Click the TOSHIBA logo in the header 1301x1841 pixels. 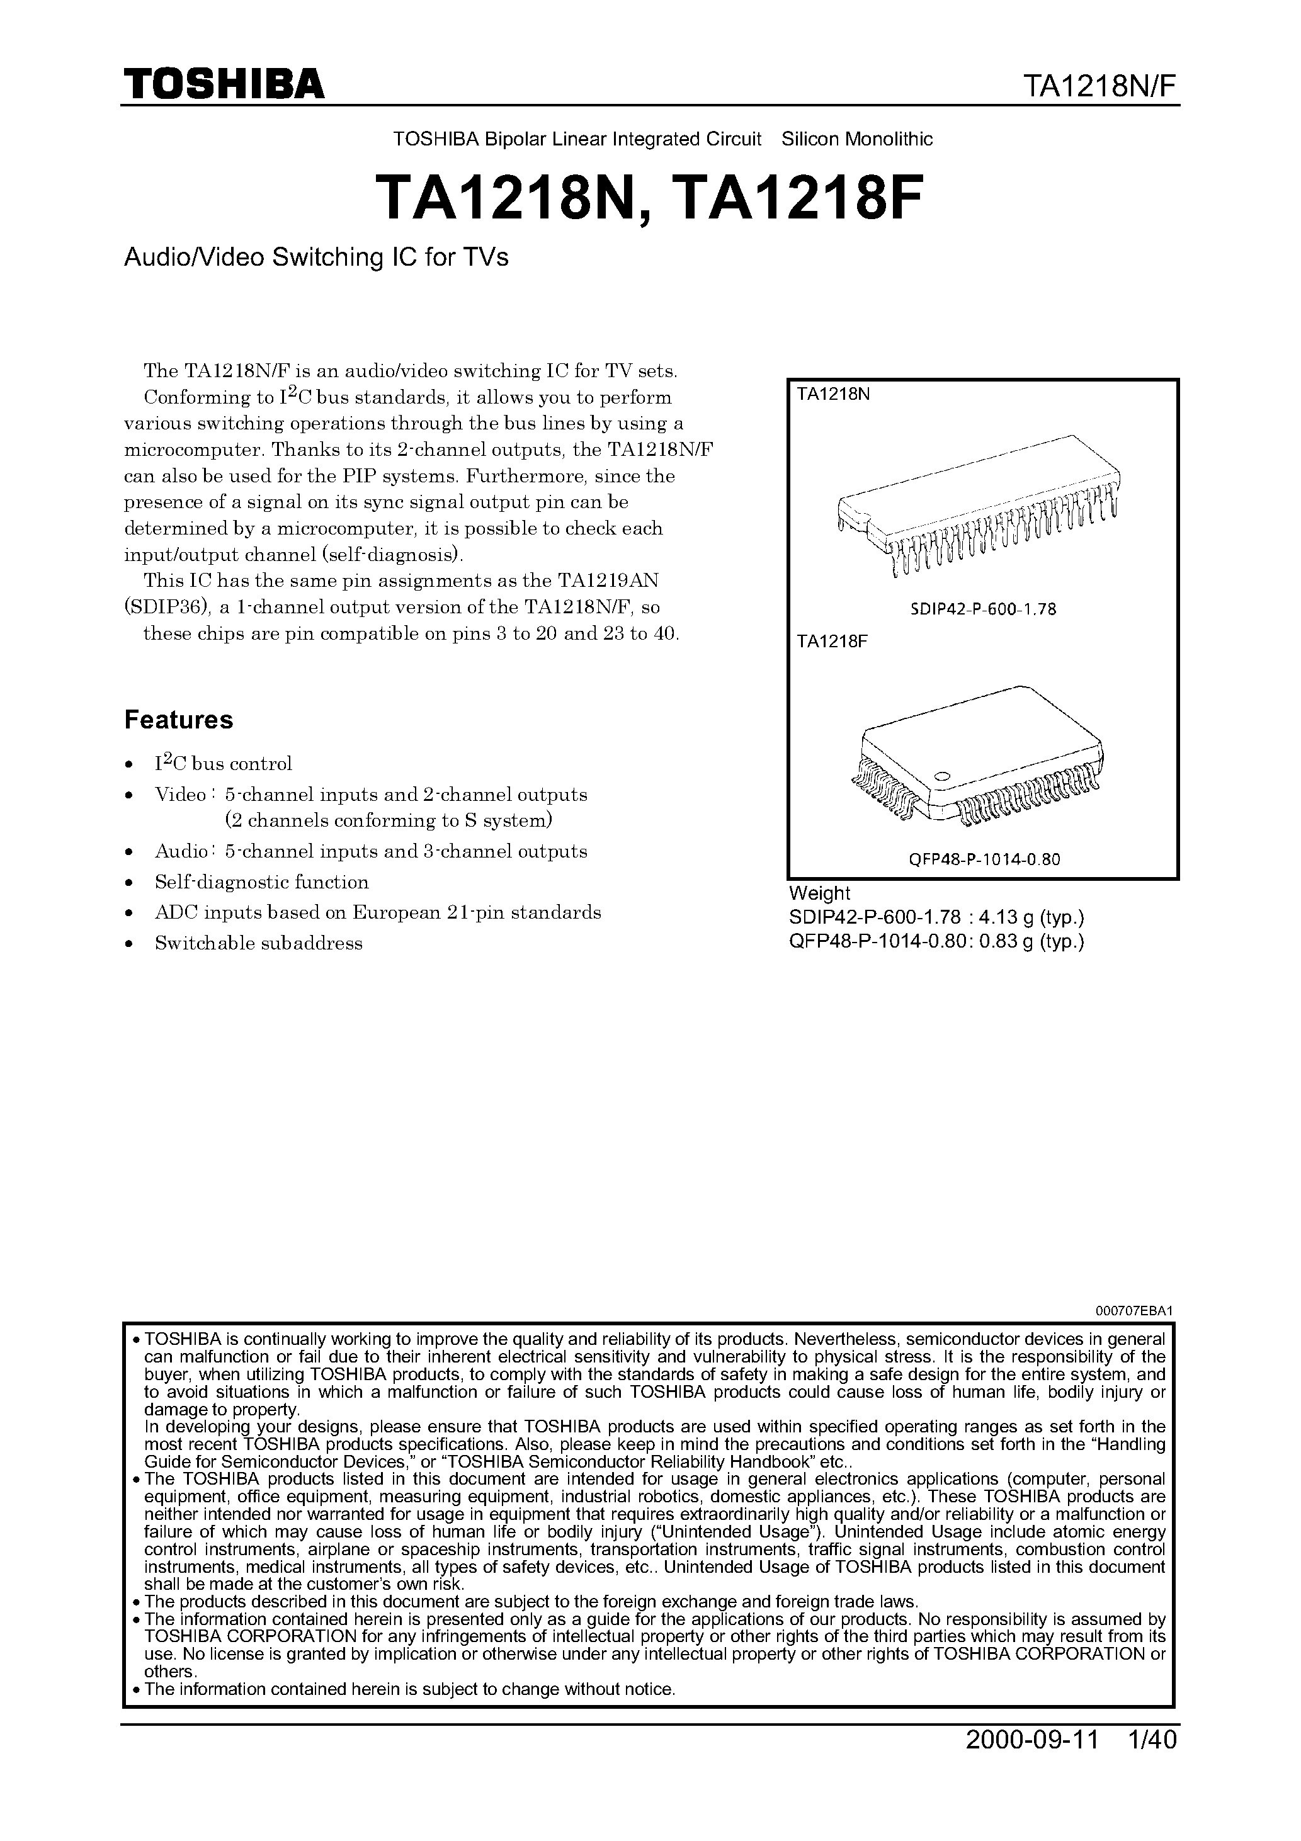[224, 83]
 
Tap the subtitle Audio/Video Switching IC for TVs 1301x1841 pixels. [316, 258]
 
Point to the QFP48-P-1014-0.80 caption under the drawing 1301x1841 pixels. [984, 859]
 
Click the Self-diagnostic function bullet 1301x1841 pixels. [261, 882]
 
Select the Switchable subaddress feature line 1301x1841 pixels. [258, 944]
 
